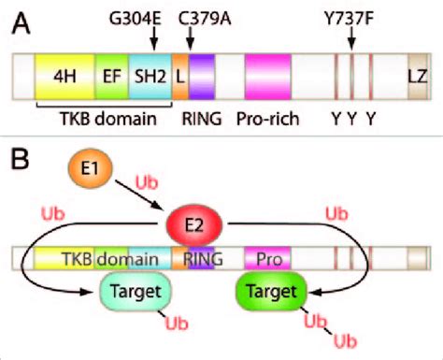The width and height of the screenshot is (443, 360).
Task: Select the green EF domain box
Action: [x=109, y=78]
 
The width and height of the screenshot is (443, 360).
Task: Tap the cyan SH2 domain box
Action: [x=148, y=78]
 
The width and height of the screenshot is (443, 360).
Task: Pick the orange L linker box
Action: [x=179, y=78]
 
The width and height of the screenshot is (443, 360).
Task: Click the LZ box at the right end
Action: [x=417, y=78]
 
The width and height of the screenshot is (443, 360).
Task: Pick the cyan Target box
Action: [x=135, y=292]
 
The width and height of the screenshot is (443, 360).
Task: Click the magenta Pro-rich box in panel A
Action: [x=268, y=78]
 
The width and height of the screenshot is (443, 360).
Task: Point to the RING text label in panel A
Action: [x=200, y=120]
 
